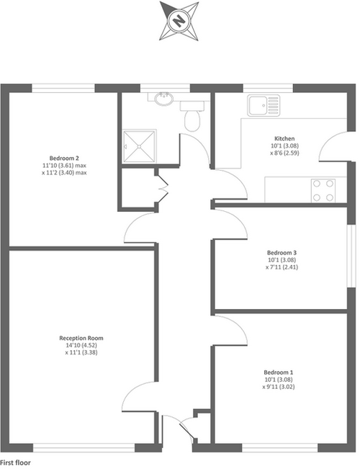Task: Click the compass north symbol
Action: (179, 21)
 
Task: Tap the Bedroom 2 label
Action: (64, 158)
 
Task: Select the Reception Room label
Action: (81, 338)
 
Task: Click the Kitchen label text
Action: (284, 138)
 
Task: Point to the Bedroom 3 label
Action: (282, 253)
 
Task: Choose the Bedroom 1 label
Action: (279, 372)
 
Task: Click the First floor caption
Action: (15, 462)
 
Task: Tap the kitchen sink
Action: (264, 105)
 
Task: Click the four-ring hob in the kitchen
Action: (323, 190)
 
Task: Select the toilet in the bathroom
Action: (192, 117)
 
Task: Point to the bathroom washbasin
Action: (164, 99)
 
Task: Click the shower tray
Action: (140, 147)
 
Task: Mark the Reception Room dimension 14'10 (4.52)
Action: (81, 345)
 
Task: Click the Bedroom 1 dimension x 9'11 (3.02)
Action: (279, 387)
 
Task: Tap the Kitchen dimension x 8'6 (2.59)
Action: (284, 153)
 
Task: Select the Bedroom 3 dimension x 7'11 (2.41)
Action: (282, 267)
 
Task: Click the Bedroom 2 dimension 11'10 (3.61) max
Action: (64, 166)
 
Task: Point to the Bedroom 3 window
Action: (351, 256)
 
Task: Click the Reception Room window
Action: (84, 447)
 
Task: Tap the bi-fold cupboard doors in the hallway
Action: (163, 189)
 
